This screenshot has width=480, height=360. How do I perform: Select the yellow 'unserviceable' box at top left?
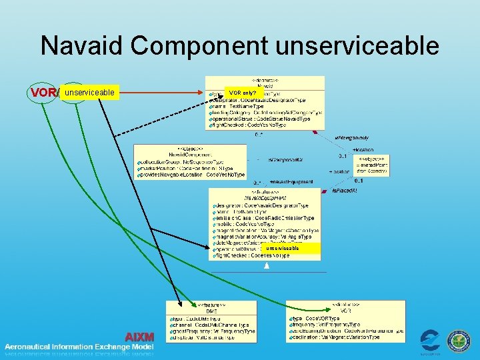(89, 93)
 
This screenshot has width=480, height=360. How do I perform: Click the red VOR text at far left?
(43, 93)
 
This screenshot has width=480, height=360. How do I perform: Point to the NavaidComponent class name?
(176, 154)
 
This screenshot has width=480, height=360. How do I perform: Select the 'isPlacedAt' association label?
(344, 191)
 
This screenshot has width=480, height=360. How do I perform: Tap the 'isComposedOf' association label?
(285, 160)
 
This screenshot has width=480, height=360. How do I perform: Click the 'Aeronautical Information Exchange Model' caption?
(79, 347)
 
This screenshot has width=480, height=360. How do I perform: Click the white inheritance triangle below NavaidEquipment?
(267, 266)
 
